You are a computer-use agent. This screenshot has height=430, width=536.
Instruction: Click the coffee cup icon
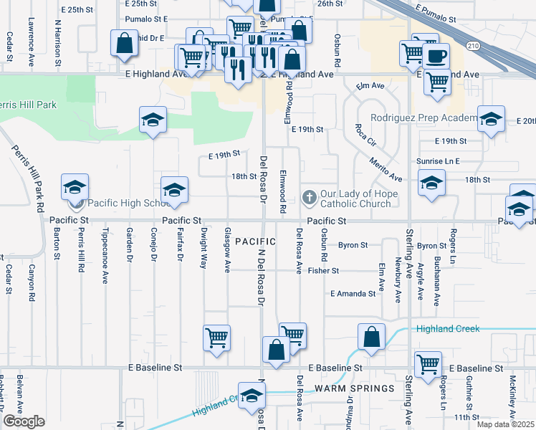click(x=436, y=55)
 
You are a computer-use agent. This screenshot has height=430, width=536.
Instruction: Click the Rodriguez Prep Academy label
click(x=423, y=118)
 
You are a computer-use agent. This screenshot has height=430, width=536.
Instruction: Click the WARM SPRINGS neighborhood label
click(x=355, y=388)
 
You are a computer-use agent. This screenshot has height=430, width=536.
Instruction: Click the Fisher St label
click(x=323, y=271)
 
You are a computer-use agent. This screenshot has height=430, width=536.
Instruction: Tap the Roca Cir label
click(x=365, y=136)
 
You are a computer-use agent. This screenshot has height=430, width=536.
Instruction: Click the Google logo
click(x=24, y=421)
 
